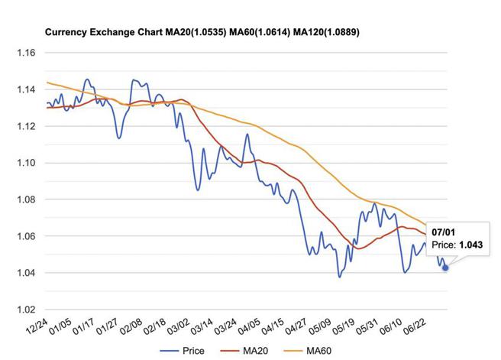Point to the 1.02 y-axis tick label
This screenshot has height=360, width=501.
[26, 310]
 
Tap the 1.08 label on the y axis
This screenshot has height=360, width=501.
[26, 199]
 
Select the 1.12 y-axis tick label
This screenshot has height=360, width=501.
[26, 126]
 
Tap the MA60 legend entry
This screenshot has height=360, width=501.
[310, 351]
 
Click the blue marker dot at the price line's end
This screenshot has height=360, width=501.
[445, 268]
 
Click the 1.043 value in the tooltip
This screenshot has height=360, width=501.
[470, 245]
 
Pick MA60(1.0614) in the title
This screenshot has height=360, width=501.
[257, 33]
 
